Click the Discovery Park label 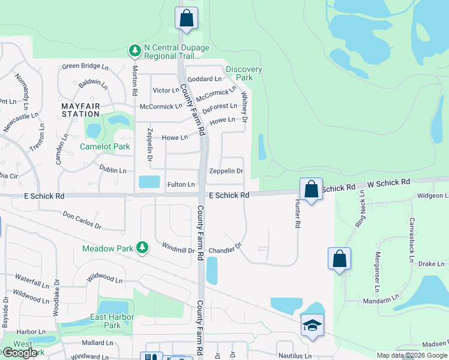[x=244, y=73]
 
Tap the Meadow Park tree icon [x=142, y=248]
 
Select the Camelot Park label [x=105, y=146]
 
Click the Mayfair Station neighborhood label [x=80, y=110]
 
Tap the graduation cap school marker [x=312, y=326]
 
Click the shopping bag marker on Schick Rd [x=311, y=190]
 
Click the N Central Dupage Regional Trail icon [x=134, y=52]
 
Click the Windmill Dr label [x=179, y=247]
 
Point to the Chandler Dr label [x=225, y=248]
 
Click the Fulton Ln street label [x=181, y=184]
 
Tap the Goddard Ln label [x=205, y=79]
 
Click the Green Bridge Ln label [x=84, y=67]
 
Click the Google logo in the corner [x=19, y=353]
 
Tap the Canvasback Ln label [x=412, y=234]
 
